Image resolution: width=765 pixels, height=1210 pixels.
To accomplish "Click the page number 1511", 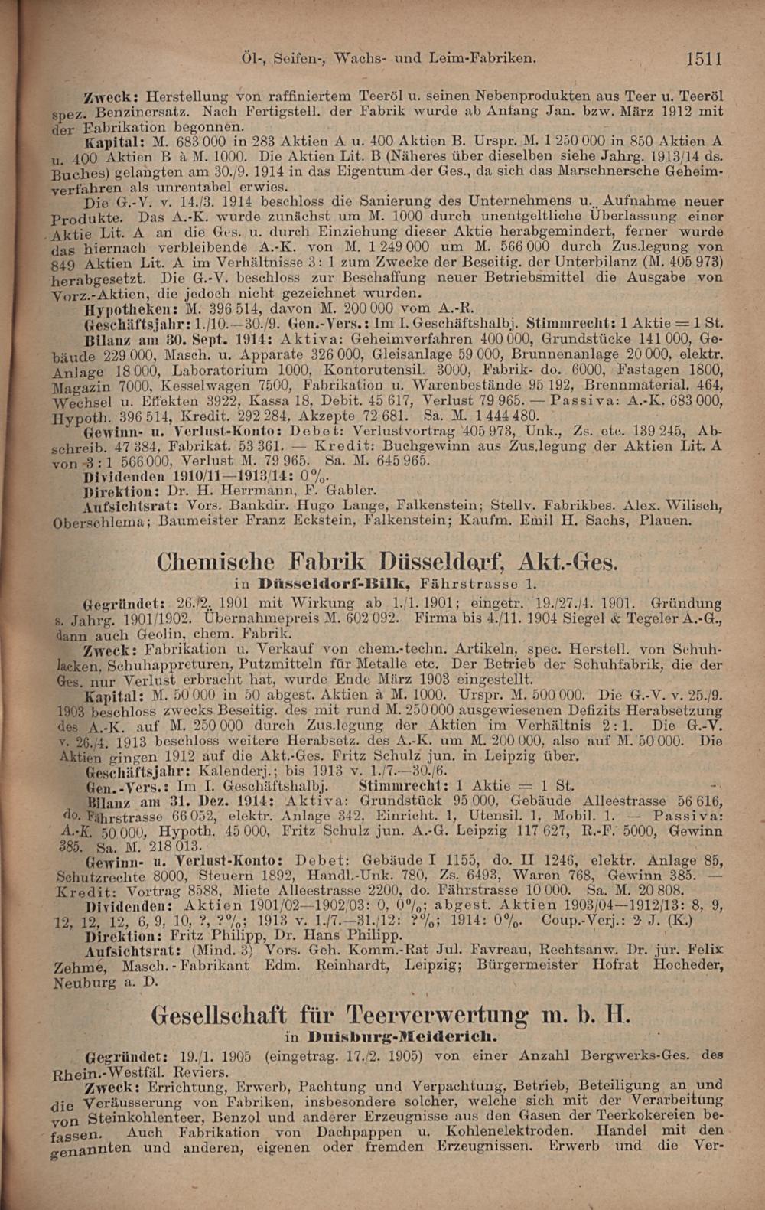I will [704, 58].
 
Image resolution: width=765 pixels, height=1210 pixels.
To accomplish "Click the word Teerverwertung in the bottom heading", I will [436, 1016].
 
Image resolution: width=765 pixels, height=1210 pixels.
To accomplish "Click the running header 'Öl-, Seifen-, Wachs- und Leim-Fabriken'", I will [387, 57].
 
